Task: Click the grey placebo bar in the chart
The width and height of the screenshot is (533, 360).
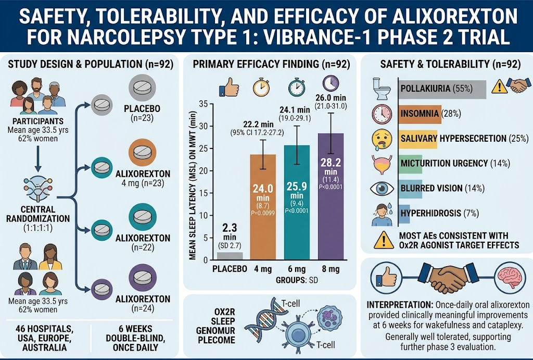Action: point(230,256)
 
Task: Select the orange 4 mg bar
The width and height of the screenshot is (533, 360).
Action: point(263,207)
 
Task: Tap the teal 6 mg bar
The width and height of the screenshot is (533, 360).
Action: point(297,203)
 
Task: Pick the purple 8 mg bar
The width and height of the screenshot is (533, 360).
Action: point(331,197)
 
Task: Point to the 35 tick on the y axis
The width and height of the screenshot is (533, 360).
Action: point(204,104)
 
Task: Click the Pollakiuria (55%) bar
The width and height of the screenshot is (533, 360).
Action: point(442,90)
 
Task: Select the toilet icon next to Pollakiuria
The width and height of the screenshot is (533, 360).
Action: point(382,89)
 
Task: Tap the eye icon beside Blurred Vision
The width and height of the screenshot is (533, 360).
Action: point(382,189)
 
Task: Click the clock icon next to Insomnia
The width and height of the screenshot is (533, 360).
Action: point(382,114)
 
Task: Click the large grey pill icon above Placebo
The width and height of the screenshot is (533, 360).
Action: point(143,88)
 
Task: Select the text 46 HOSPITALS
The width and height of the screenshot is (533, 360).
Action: point(44,329)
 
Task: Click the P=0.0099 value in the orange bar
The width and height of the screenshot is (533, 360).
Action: point(263,214)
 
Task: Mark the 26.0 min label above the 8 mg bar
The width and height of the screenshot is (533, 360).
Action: point(331,97)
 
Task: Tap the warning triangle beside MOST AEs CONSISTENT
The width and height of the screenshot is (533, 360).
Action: point(384,240)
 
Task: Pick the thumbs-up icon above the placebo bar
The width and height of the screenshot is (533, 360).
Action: point(229,88)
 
